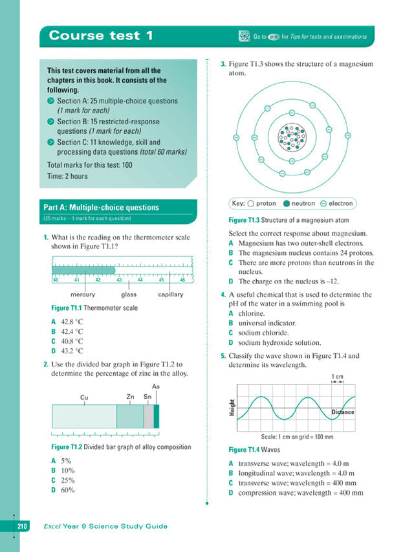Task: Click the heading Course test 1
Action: pos(101,36)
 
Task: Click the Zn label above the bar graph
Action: pos(131,396)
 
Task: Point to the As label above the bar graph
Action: pos(156,386)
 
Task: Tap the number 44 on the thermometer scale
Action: pos(140,280)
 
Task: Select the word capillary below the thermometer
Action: pos(171,294)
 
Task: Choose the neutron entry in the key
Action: pos(299,203)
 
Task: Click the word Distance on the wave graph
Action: pos(343,412)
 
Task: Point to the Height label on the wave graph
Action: pos(232,408)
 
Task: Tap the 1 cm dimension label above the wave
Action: pos(337,376)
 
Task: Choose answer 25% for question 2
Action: pos(67,480)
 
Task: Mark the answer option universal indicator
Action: pos(267,323)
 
